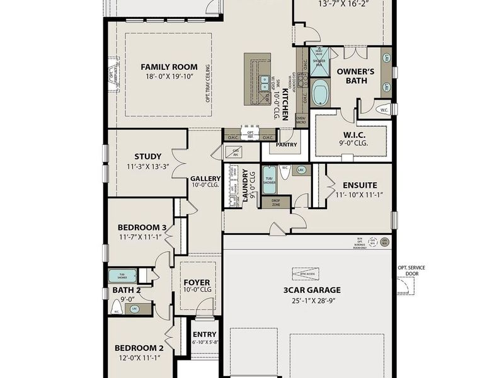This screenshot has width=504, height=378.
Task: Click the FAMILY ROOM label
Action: [168, 67]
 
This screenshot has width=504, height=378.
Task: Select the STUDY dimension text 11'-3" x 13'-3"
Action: [147, 167]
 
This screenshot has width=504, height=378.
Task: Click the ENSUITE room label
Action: [360, 185]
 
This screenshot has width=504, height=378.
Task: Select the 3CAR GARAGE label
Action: [312, 290]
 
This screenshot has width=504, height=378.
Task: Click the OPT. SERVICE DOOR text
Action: [411, 271]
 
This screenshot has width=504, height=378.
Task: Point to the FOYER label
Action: [197, 282]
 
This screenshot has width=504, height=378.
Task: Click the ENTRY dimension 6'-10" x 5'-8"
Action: [205, 342]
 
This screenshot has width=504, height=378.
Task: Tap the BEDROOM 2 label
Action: [139, 348]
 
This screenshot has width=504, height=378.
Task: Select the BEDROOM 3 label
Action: [142, 227]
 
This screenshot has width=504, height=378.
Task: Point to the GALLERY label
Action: [205, 178]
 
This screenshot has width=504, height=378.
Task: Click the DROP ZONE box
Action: [277, 202]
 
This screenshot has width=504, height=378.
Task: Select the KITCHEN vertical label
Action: [285, 104]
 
